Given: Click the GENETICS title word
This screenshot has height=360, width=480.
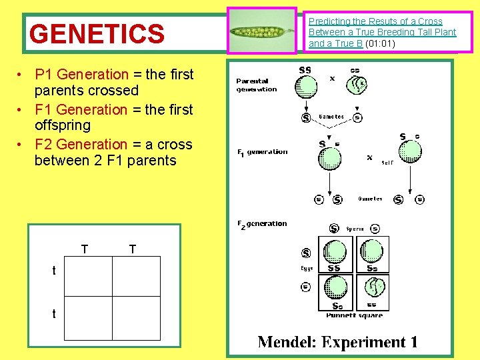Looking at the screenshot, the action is point(97,33).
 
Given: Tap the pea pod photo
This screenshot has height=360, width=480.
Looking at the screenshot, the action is point(262,31).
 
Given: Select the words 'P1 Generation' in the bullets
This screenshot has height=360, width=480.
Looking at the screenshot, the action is point(81,75).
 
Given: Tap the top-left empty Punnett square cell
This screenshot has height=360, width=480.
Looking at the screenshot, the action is point(87,276).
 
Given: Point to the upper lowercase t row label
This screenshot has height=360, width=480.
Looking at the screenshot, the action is point(55,271).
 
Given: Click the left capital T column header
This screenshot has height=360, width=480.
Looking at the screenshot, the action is point(85,249).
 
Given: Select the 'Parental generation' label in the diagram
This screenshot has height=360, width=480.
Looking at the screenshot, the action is point(257,85).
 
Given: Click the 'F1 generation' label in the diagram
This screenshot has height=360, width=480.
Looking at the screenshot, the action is point(263,152).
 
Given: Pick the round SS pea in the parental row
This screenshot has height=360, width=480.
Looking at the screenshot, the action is point(306,86).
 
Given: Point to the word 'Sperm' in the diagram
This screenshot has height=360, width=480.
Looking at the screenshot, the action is point(355,229).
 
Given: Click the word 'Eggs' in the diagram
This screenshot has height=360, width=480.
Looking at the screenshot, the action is point(307,269).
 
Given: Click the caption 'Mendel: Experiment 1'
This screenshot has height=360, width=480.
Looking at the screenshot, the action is point(338,342).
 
